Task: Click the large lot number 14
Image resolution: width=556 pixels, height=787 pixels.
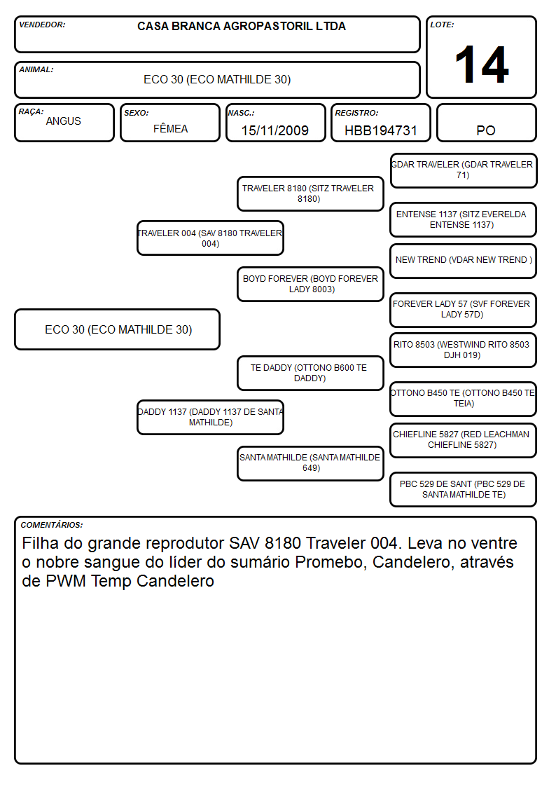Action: point(482,64)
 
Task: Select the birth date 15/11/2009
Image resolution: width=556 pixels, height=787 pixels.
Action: point(274,130)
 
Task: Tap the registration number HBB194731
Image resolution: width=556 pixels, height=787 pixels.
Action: point(380,130)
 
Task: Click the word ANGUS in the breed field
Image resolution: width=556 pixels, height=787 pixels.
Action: point(63,121)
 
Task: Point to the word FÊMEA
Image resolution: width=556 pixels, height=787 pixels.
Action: point(170,128)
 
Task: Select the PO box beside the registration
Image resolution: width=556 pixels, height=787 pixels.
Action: point(486,123)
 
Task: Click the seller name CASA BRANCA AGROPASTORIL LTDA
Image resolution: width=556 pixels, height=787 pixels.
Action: point(242,26)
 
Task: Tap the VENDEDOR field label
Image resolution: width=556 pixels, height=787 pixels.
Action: point(42,25)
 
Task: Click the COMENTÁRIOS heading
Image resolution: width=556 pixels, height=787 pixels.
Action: point(52,524)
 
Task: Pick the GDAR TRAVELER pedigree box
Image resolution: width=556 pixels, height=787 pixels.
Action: point(464,171)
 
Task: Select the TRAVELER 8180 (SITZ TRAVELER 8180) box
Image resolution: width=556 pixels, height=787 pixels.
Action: point(310,193)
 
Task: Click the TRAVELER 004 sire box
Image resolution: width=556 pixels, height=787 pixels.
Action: point(210,238)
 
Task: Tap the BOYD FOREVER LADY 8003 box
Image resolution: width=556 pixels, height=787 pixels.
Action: point(310,284)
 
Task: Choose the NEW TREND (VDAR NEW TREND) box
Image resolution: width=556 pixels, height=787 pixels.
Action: point(464,261)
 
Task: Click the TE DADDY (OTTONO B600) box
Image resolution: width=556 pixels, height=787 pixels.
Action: point(310,373)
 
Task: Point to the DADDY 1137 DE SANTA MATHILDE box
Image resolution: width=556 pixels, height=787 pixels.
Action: point(210,417)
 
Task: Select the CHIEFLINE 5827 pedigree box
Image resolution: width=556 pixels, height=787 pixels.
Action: point(464,441)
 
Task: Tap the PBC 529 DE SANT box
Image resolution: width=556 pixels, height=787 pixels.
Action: point(464,489)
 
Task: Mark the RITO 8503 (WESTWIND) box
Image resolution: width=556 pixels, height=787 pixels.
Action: point(464,350)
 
